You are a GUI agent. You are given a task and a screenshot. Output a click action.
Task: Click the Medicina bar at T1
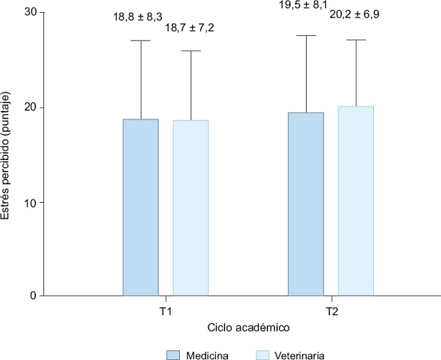(x=140, y=207)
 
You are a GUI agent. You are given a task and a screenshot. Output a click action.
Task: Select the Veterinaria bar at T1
(x=191, y=208)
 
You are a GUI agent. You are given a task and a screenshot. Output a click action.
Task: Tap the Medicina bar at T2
(x=306, y=204)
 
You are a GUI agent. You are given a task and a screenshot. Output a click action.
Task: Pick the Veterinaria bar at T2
(x=356, y=201)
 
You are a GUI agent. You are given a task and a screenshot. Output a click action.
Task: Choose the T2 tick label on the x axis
(x=330, y=313)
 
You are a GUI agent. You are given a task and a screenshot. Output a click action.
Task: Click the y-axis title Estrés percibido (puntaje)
(x=7, y=155)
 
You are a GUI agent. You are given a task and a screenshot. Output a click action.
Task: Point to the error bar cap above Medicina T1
(x=140, y=41)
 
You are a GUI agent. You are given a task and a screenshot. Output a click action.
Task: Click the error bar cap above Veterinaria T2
(x=356, y=40)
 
